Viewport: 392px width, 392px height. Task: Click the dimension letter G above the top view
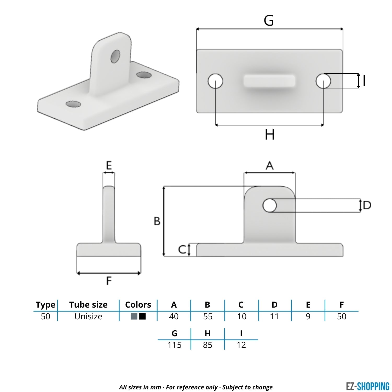coord(269,20)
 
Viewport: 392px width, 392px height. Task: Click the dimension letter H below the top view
coord(269,135)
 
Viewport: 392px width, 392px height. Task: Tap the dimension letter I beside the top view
coord(364,80)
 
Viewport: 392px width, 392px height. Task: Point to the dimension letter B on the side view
coord(157,221)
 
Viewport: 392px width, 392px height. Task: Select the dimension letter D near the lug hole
coord(367,205)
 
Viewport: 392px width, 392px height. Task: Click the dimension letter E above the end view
coord(109,166)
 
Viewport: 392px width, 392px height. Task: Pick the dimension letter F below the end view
coord(109,281)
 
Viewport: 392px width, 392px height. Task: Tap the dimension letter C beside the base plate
coord(182,250)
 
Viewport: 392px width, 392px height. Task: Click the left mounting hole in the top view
coord(215,81)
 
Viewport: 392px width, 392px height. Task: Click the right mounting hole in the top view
coord(323,81)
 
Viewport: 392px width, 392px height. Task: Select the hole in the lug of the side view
coord(269,205)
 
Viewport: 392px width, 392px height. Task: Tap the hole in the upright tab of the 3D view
coord(115,56)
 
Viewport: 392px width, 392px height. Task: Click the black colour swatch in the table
coord(142,316)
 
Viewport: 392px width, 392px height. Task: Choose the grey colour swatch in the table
coord(134,316)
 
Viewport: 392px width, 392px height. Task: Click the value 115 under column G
coord(174,345)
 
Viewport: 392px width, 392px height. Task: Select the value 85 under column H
coord(207,345)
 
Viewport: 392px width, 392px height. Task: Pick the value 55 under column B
coord(208,316)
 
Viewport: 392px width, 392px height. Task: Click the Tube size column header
coord(88,305)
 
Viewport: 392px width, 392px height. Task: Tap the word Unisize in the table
coord(88,316)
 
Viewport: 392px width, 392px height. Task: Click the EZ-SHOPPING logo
coord(367,386)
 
